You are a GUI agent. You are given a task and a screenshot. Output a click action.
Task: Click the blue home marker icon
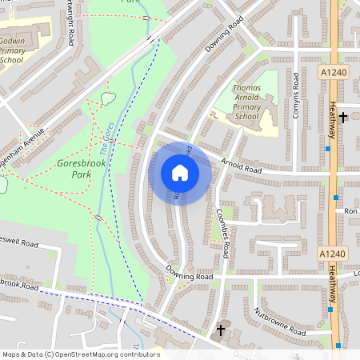pos(180,173)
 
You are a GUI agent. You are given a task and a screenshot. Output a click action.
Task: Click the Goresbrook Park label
pos(81,169)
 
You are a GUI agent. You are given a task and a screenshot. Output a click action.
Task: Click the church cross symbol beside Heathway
pos(343,118)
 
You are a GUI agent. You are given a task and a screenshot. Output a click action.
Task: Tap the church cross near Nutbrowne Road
pos(222,330)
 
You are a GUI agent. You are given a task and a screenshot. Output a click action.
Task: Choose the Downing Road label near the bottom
pos(190,275)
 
